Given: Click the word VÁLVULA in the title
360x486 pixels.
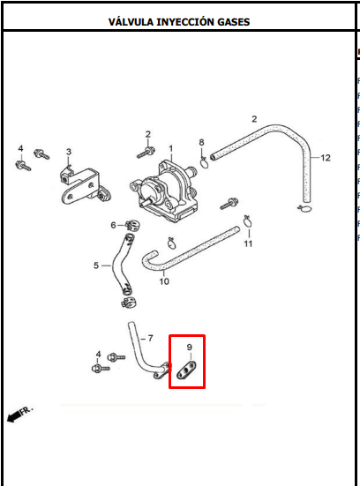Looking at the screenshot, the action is click(x=131, y=22).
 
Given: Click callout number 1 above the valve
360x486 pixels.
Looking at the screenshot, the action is click(x=171, y=149).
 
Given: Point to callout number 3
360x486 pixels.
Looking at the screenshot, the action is click(x=69, y=152).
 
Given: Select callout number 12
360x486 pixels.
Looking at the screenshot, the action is click(x=326, y=158).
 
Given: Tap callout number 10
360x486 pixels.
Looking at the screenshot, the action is click(x=164, y=281).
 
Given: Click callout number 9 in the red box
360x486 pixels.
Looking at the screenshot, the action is click(x=190, y=348).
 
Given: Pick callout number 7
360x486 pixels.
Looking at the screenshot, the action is click(x=150, y=338).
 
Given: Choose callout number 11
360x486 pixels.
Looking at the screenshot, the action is click(x=248, y=243).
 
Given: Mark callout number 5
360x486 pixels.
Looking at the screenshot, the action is click(x=96, y=265).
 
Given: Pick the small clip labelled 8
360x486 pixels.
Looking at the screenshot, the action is click(x=204, y=162).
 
